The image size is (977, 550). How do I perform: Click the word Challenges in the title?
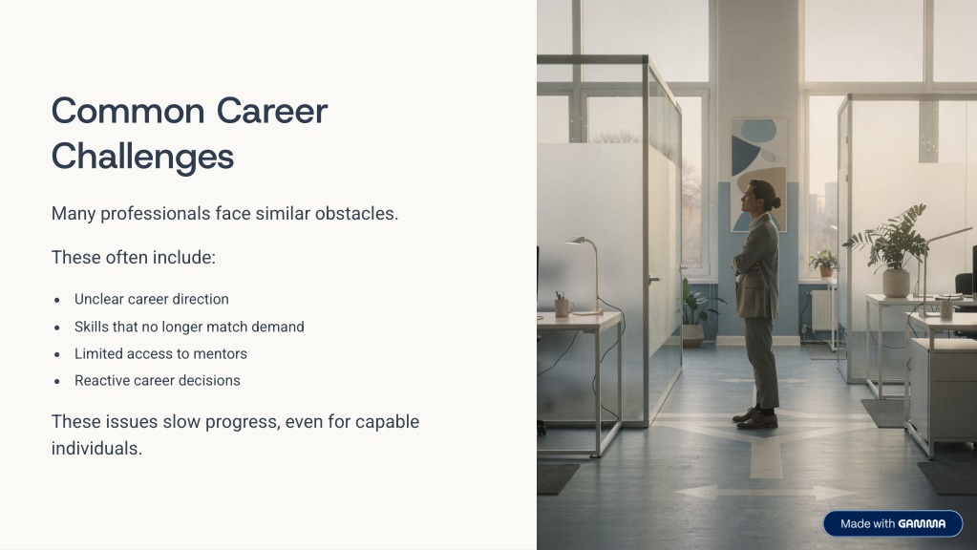click(x=142, y=157)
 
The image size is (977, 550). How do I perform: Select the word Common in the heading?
click(x=128, y=112)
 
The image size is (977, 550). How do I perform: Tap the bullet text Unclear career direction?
click(x=152, y=299)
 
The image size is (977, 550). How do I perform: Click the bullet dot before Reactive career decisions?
click(x=57, y=381)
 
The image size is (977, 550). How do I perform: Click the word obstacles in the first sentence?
click(x=356, y=214)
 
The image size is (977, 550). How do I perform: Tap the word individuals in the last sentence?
click(x=96, y=449)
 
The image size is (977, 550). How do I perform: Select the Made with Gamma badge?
click(x=892, y=524)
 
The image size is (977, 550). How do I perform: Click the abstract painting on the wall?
click(x=758, y=175)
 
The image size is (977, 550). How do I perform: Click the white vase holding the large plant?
click(x=896, y=283)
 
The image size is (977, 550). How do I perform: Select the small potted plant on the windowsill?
click(x=824, y=263)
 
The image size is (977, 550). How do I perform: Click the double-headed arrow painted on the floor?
click(x=766, y=493)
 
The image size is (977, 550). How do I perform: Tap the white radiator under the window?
click(x=820, y=311)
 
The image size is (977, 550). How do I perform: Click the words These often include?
click(x=134, y=257)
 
